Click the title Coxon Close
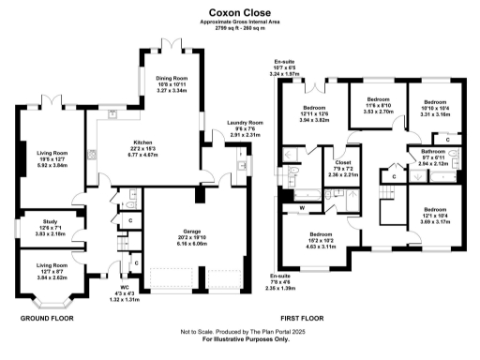[240, 15]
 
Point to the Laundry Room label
[241, 122]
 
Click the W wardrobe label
[302, 206]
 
